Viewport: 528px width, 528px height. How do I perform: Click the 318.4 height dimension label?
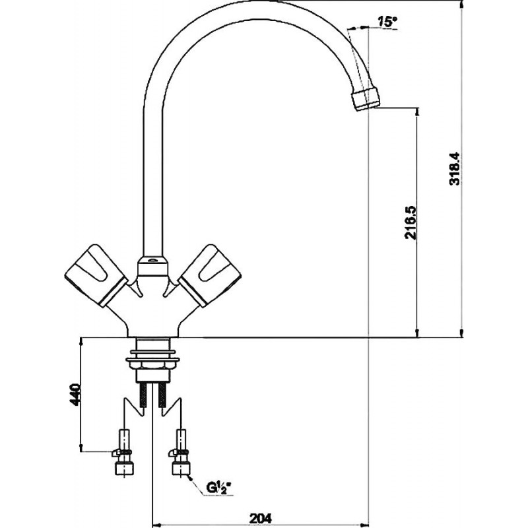pyautogui.click(x=454, y=169)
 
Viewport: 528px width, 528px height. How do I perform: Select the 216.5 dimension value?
pyautogui.click(x=411, y=222)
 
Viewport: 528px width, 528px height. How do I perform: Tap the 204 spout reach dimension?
pyautogui.click(x=261, y=517)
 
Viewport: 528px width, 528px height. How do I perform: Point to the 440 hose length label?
pyautogui.click(x=75, y=394)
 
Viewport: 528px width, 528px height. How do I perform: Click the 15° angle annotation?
pyautogui.click(x=386, y=22)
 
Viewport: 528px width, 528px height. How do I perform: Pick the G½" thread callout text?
pyautogui.click(x=219, y=488)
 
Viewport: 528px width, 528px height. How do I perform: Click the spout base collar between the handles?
pyautogui.click(x=152, y=266)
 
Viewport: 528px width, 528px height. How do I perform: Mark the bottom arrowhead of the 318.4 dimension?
pyautogui.click(x=461, y=336)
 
